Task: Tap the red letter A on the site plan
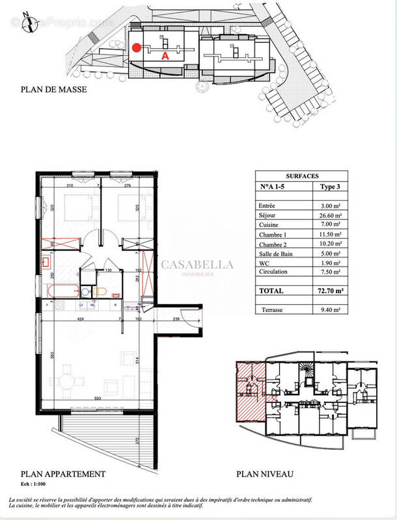[165, 57]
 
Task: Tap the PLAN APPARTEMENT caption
[62, 474]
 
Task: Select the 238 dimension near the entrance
[176, 320]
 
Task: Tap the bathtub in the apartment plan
[64, 291]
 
